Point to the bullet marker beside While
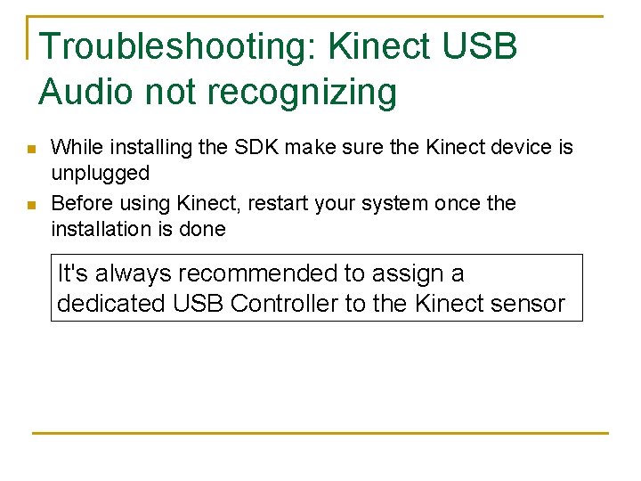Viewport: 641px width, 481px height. click(x=30, y=149)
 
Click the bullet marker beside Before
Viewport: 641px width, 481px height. click(x=30, y=205)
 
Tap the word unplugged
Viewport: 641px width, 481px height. click(x=100, y=173)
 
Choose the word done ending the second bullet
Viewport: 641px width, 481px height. click(x=203, y=229)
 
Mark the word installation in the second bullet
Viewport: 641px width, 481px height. click(x=100, y=229)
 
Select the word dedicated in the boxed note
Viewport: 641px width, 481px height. click(x=111, y=303)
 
